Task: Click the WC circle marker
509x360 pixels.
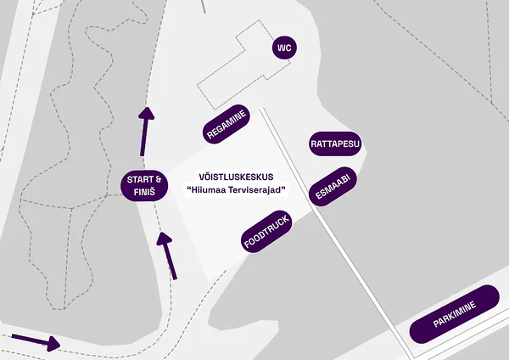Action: [x=284, y=48]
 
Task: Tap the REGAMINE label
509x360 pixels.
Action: [x=227, y=124]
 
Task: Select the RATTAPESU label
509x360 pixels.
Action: [x=335, y=143]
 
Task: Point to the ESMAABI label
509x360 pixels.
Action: [x=333, y=187]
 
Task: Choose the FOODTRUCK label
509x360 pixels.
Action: [x=266, y=232]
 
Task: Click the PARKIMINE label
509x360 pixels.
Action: [x=455, y=314]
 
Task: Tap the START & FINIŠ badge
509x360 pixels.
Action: [x=144, y=186]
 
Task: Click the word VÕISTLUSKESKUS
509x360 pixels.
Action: [x=236, y=177]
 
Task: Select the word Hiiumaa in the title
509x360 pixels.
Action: [x=204, y=189]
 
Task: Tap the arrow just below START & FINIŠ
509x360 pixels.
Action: [x=167, y=256]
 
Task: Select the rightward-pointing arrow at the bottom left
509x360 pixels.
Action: [x=36, y=342]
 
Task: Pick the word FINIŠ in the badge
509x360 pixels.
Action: [x=144, y=192]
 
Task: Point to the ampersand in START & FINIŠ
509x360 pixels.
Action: [x=159, y=180]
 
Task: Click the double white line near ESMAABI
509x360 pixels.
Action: [x=336, y=233]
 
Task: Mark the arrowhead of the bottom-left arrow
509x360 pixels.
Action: [x=53, y=344]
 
